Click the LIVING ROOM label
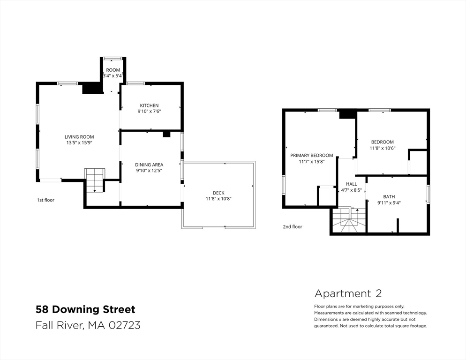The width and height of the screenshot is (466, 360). [79, 137]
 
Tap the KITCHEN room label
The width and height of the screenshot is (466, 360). [149, 105]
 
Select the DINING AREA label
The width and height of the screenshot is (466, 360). [149, 165]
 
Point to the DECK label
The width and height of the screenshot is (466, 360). [218, 193]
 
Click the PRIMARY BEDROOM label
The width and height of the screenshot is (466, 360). [311, 156]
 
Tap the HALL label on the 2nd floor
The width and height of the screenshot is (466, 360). [351, 184]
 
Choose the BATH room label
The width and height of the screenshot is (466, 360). [389, 197]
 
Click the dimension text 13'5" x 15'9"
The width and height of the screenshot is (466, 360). [79, 142]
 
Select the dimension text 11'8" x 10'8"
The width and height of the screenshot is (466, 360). [218, 199]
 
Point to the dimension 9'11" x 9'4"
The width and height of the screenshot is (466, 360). [389, 203]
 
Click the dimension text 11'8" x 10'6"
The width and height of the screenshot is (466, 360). [383, 148]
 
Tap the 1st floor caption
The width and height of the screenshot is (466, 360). [45, 200]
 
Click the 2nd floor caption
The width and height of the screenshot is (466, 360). [293, 227]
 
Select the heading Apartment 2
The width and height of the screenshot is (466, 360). [348, 294]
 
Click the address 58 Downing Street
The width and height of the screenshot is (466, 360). [85, 309]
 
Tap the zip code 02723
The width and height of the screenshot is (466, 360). [125, 325]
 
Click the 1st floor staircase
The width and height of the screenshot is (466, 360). [95, 180]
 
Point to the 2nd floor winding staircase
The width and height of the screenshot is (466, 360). [349, 220]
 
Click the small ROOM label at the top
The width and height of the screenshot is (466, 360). [113, 70]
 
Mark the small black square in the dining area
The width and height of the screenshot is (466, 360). [166, 134]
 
